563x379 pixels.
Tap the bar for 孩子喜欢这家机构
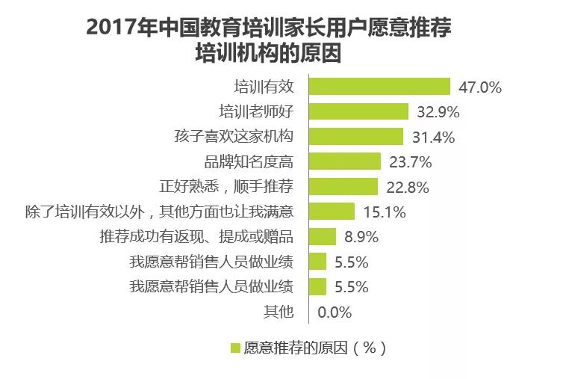tap(355, 137)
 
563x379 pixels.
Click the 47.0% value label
tap(479, 87)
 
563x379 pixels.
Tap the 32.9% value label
tap(438, 112)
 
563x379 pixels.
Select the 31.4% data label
tap(432, 137)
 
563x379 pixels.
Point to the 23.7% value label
tap(410, 162)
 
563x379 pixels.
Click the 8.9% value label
tap(361, 237)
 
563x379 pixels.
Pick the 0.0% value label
tap(335, 312)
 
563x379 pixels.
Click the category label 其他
tap(279, 312)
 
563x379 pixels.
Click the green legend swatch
tap(234, 348)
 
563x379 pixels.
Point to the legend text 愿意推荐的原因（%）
tap(314, 348)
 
